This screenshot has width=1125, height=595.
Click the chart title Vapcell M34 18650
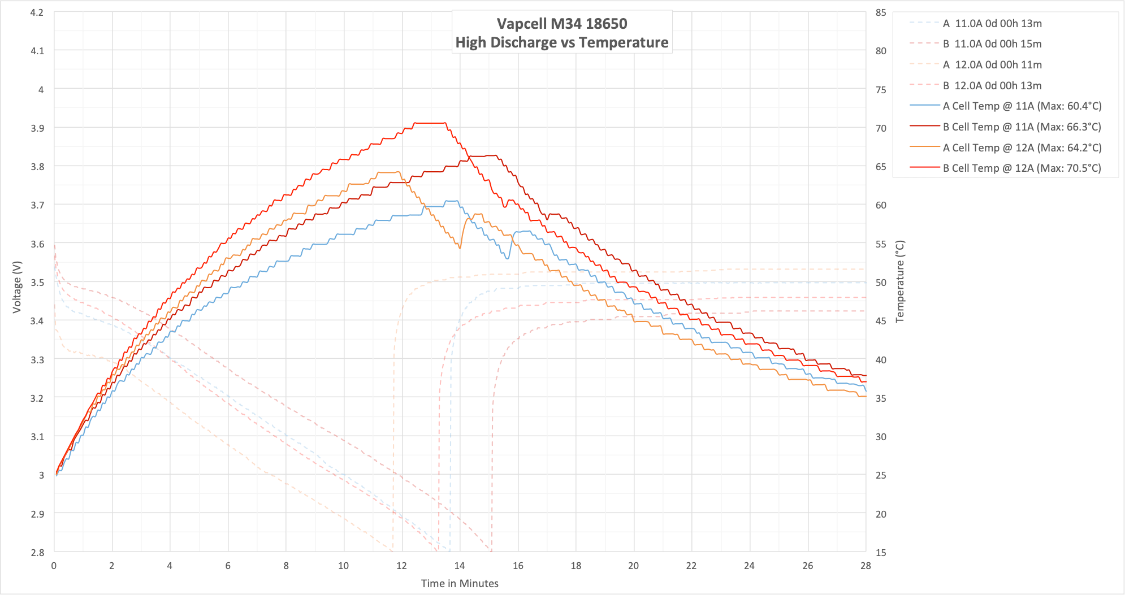tap(562, 24)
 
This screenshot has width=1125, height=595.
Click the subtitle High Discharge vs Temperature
tap(562, 42)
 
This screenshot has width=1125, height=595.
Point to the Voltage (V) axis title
tap(17, 286)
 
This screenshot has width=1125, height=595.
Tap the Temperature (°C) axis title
tap(900, 281)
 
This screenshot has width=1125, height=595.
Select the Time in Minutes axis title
tap(460, 583)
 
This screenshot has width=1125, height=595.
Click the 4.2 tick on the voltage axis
tap(37, 12)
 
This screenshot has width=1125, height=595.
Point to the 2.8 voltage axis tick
tap(37, 552)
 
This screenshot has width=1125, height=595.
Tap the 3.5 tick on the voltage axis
tap(37, 283)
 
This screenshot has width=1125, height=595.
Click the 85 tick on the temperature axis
tap(881, 12)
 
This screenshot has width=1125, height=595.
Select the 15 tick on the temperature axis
tap(881, 552)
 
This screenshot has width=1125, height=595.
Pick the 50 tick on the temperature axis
tap(881, 283)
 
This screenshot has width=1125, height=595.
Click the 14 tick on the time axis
tap(460, 566)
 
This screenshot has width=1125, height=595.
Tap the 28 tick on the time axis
tap(866, 566)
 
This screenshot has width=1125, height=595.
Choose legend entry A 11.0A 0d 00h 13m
tap(992, 23)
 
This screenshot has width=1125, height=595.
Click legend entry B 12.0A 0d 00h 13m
tap(992, 85)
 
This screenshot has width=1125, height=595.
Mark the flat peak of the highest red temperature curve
tap(430, 123)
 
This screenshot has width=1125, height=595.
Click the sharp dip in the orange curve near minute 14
tap(460, 248)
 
